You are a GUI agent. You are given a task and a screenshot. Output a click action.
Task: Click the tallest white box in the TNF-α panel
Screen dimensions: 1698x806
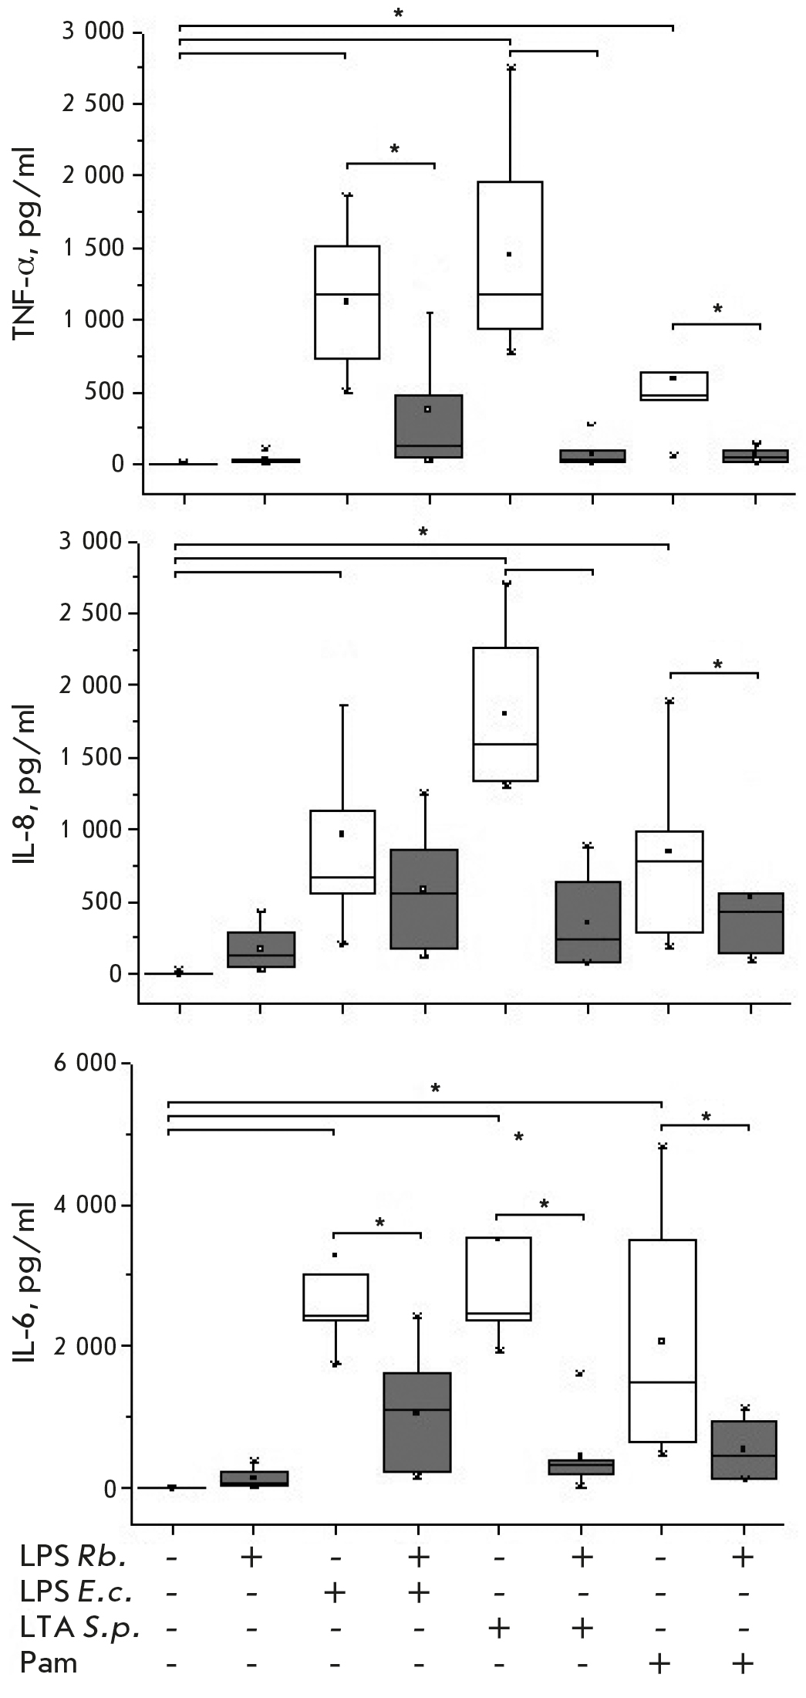510,255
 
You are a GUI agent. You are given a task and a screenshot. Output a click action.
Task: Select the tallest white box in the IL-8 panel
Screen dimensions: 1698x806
505,714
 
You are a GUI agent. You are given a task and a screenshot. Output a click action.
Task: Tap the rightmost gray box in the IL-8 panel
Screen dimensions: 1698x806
750,923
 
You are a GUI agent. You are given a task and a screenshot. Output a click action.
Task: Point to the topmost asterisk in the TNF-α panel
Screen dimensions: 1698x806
398,14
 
